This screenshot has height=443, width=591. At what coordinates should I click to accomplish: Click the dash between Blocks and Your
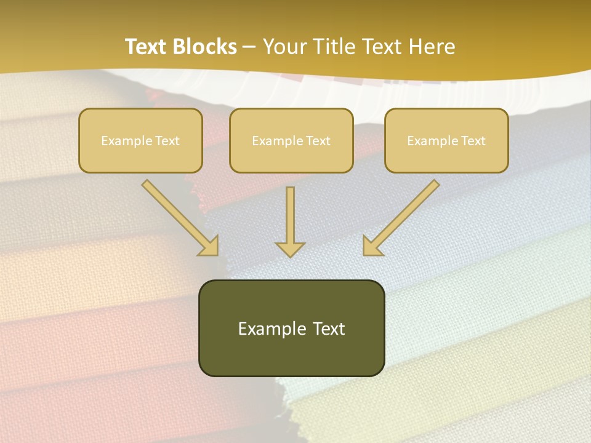coord(249,47)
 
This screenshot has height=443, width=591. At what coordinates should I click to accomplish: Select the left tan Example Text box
coord(140,140)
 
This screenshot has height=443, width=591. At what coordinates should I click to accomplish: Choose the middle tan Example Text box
coord(291,140)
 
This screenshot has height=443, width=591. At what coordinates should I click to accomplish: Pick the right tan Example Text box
coord(446,140)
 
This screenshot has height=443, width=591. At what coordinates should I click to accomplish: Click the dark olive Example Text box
coord(291,328)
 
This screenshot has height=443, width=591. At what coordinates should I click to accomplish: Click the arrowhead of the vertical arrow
coord(290,249)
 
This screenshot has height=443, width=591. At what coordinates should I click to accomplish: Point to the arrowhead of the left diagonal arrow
coord(209,245)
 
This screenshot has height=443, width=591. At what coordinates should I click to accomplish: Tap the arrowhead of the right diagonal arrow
coord(372,245)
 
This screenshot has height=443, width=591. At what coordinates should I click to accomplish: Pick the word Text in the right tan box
coord(473,141)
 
